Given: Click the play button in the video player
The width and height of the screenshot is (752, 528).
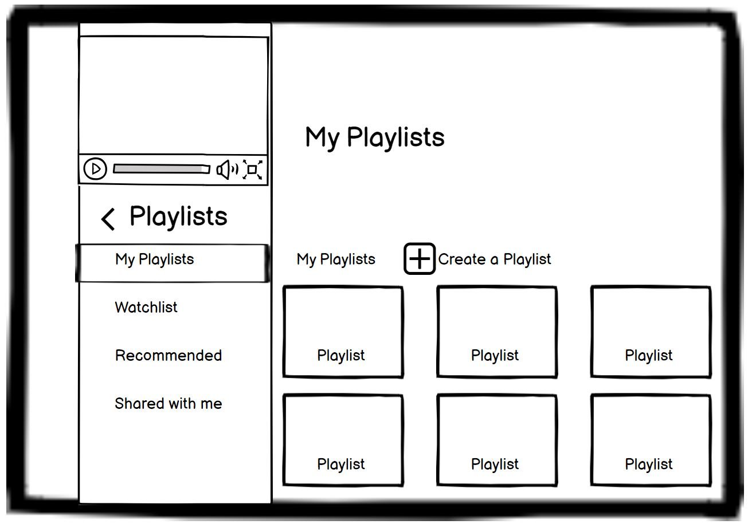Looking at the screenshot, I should click(x=95, y=169).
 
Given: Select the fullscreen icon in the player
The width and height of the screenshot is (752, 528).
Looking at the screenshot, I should click(x=253, y=170).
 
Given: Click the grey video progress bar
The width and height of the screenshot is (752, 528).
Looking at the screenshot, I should click(x=162, y=169).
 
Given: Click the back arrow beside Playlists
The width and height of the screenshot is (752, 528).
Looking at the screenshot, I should click(x=108, y=219).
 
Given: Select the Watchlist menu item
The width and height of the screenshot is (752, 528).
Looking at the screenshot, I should click(x=146, y=308).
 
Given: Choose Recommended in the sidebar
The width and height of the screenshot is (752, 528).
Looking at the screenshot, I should click(x=169, y=356).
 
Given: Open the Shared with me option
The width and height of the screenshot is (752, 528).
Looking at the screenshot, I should click(x=169, y=404).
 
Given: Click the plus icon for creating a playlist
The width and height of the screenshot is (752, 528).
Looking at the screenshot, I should click(x=420, y=259).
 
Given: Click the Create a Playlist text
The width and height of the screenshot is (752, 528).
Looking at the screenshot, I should click(x=495, y=259).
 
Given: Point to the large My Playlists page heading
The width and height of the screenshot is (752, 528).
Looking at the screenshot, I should click(x=375, y=137).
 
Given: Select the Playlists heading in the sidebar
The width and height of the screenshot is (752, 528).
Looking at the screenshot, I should click(x=178, y=216).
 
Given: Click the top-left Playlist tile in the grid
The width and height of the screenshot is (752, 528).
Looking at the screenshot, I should click(x=342, y=332).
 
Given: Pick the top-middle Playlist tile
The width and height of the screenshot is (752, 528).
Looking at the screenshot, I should click(x=496, y=332).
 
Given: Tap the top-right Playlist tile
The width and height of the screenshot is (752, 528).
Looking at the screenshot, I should click(x=651, y=332).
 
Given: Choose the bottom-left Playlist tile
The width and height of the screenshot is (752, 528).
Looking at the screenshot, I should click(x=342, y=440).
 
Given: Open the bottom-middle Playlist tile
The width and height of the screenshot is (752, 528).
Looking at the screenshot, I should click(x=496, y=440).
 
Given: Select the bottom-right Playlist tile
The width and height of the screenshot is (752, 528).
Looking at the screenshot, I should click(x=651, y=440).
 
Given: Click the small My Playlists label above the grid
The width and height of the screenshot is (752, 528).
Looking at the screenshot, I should click(x=336, y=259).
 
